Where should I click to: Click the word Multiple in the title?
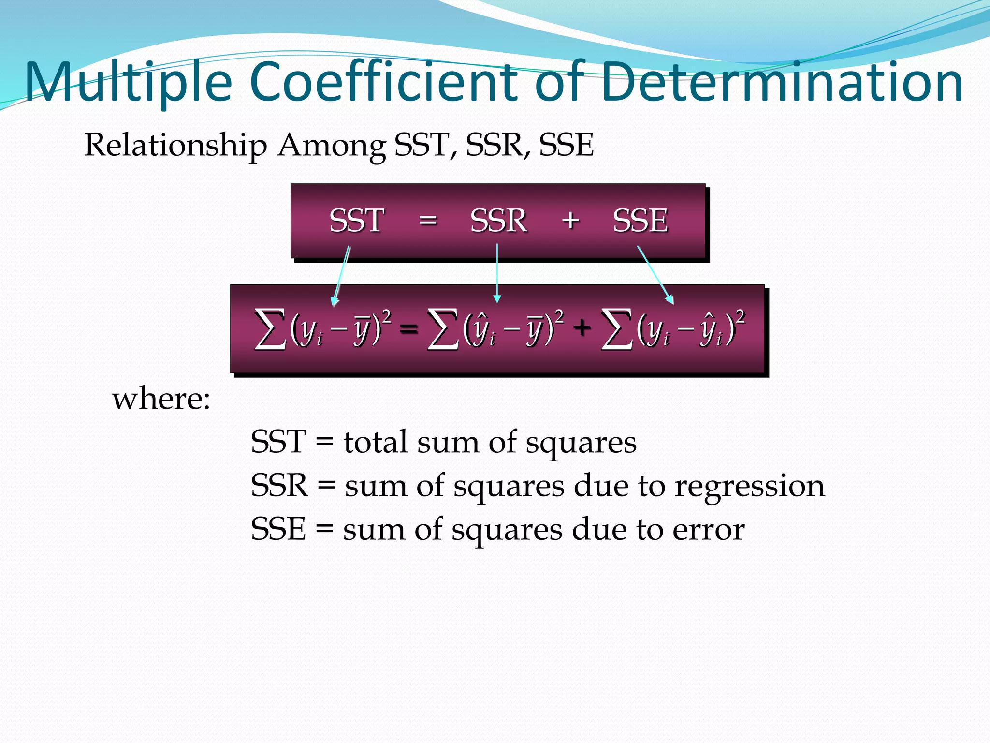(x=129, y=82)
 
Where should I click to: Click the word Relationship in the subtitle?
(x=175, y=145)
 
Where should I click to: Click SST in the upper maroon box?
(x=356, y=221)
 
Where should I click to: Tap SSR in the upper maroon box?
(x=498, y=221)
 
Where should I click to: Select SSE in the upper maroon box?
(x=641, y=221)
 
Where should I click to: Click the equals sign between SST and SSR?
(x=428, y=221)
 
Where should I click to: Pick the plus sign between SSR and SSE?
(x=570, y=221)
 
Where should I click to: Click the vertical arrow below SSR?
(x=497, y=273)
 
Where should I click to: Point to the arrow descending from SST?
(x=341, y=276)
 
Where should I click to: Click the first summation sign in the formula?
(x=270, y=329)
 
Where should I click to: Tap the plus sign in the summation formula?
(x=582, y=327)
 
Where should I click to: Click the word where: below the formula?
(x=161, y=400)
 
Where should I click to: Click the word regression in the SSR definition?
(x=750, y=486)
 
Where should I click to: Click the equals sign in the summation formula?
(x=409, y=329)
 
